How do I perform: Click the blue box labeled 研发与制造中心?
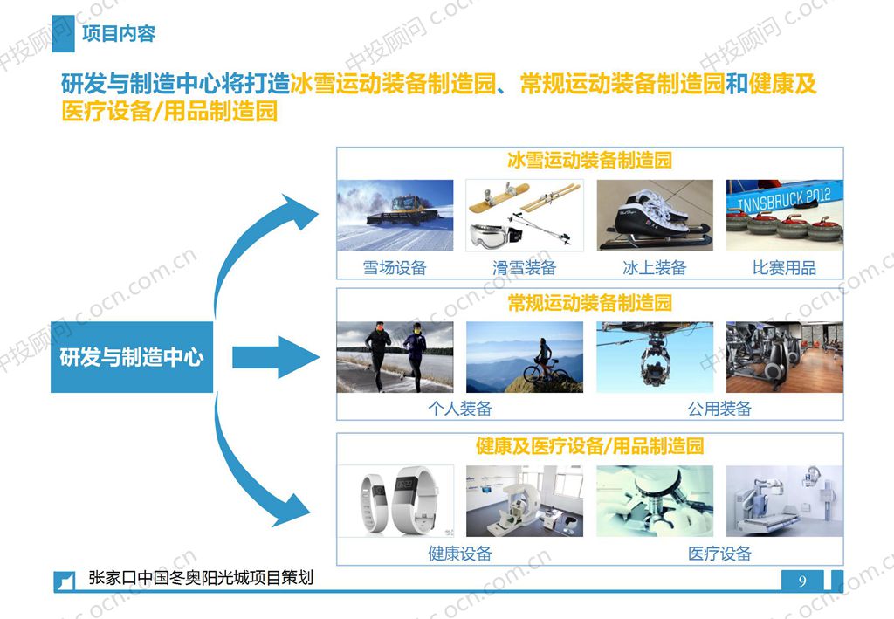pyautogui.click(x=132, y=356)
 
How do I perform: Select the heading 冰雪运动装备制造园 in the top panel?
pyautogui.click(x=589, y=162)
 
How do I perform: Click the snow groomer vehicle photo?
pyautogui.click(x=395, y=215)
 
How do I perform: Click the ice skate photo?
pyautogui.click(x=654, y=215)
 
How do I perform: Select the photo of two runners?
pyautogui.click(x=395, y=357)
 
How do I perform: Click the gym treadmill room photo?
pyautogui.click(x=784, y=357)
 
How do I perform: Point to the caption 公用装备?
pyautogui.click(x=719, y=409)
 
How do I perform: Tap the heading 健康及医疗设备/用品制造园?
pyautogui.click(x=589, y=446)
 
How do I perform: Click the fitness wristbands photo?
pyautogui.click(x=395, y=500)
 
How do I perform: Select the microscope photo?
pyautogui.click(x=654, y=500)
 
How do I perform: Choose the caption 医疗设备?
pyautogui.click(x=719, y=554)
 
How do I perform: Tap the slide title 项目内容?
pyautogui.click(x=118, y=34)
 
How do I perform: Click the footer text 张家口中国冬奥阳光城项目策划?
pyautogui.click(x=201, y=578)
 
